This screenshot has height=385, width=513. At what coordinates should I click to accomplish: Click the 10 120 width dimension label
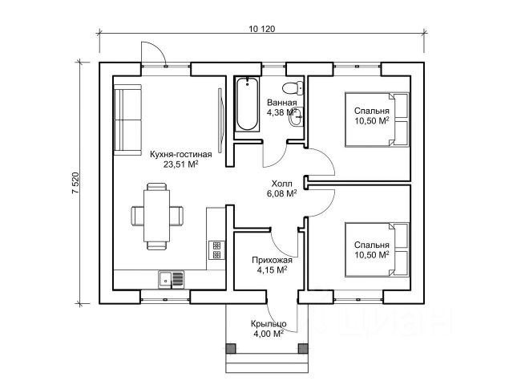coord(262,29)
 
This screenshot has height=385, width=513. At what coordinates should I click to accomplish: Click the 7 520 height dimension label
coord(75,183)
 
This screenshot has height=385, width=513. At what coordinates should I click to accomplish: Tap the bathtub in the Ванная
coord(247,104)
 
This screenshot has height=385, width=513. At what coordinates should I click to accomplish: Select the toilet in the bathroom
coord(293,87)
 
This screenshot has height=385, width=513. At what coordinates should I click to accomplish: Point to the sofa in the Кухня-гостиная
coord(127,120)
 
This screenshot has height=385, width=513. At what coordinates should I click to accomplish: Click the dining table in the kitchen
coord(157,216)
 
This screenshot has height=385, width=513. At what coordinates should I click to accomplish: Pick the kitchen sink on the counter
coord(171,279)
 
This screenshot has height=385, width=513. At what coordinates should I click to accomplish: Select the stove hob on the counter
coord(216,250)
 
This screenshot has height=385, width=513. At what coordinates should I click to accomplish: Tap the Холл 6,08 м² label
coord(281,189)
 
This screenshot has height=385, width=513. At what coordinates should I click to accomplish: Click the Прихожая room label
coord(272,260)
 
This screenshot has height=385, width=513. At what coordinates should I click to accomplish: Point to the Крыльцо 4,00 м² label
coord(269,329)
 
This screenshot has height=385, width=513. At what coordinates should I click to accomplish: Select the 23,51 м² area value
coord(181,164)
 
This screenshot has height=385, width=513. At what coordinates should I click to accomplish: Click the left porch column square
coord(231,348)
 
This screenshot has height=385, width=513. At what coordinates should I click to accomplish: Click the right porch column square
coord(303,348)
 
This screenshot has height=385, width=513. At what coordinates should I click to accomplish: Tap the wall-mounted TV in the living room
coord(221,120)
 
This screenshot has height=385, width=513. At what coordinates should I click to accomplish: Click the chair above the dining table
coord(157,187)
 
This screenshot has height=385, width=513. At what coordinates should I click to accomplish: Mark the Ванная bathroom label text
coord(281,102)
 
